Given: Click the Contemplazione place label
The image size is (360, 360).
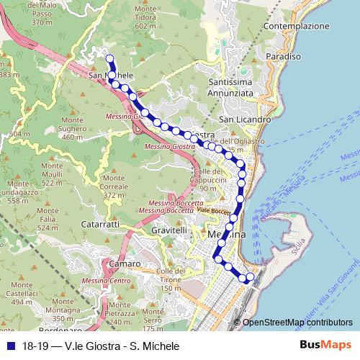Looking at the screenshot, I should pyautogui.click(x=296, y=26).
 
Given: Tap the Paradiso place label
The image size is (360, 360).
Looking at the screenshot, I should pyautogui.click(x=283, y=56).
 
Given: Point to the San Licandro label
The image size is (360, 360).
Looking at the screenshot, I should pyautogui.click(x=245, y=119).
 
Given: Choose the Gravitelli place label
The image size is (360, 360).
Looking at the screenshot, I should pyautogui.click(x=170, y=230).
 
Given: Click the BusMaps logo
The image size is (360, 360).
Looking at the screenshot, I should pyautogui.click(x=325, y=346).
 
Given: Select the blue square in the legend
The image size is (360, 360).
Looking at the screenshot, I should pyautogui.click(x=12, y=346).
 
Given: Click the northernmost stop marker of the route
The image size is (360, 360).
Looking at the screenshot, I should pyautogui.click(x=109, y=59).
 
